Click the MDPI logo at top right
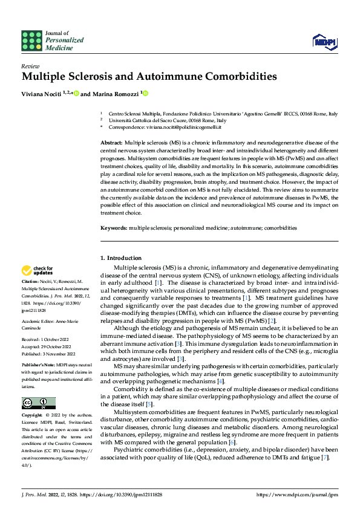323,40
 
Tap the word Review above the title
30,66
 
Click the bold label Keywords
113,228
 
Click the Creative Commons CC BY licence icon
39,403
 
